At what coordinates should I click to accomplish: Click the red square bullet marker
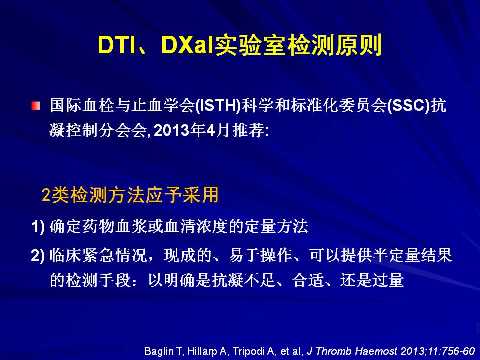tap(36, 106)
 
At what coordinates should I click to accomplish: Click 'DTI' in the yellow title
tap(116, 46)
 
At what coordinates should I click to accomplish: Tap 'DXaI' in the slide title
tap(187, 46)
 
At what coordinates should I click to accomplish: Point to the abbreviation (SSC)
tap(409, 106)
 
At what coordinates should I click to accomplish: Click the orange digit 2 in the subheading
tap(46, 195)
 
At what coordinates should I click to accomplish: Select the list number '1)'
tap(38, 227)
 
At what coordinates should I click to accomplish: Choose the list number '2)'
tap(38, 255)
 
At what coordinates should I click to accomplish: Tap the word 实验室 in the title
tap(251, 46)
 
